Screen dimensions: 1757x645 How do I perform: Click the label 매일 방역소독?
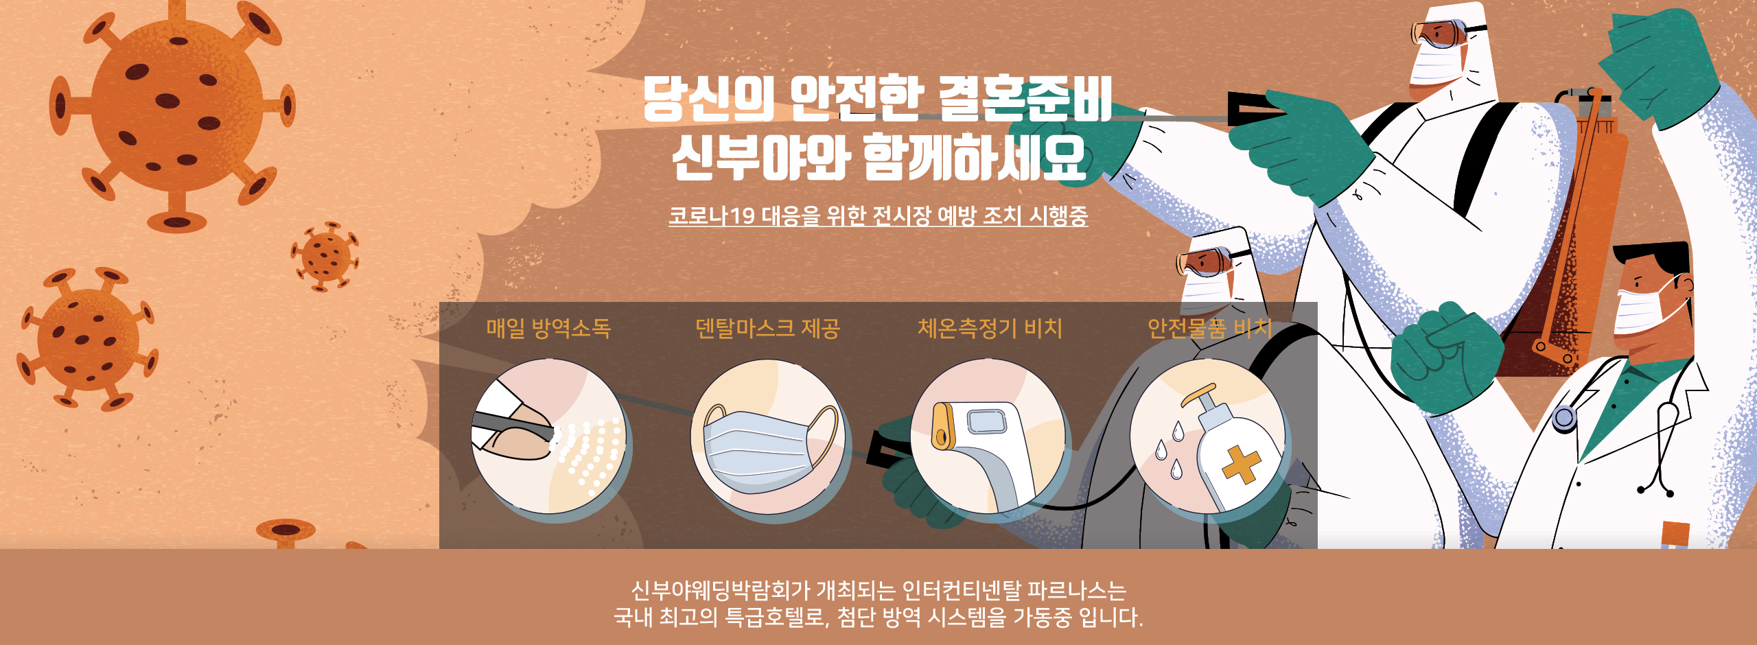pos(548,329)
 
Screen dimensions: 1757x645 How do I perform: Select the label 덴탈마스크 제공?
pos(768,329)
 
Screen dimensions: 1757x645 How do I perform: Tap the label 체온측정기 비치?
pos(990,328)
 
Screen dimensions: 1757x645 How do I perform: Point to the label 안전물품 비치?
pos(1209,329)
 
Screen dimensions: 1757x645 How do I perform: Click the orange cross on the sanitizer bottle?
pos(1241,465)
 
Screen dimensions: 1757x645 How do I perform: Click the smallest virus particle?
pos(325,256)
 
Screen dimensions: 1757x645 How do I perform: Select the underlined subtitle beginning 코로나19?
pos(878,215)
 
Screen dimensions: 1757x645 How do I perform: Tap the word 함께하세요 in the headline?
pos(975,158)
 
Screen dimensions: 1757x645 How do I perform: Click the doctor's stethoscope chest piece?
pos(1564,418)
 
